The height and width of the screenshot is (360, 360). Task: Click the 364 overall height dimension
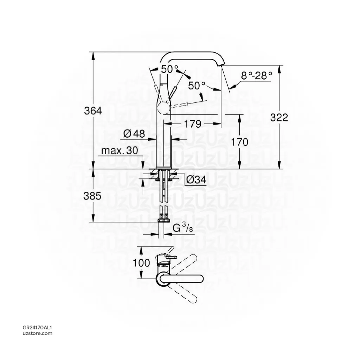click(93, 111)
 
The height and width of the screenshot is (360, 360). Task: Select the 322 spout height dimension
click(279, 118)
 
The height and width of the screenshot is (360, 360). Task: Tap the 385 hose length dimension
click(92, 196)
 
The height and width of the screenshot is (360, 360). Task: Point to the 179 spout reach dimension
click(193, 124)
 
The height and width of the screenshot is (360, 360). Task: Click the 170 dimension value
click(239, 142)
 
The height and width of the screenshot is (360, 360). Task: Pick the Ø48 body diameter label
click(134, 134)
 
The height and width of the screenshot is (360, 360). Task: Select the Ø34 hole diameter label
click(196, 179)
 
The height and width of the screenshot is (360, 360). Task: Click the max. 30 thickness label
click(120, 151)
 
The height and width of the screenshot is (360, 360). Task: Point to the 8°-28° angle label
click(257, 75)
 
